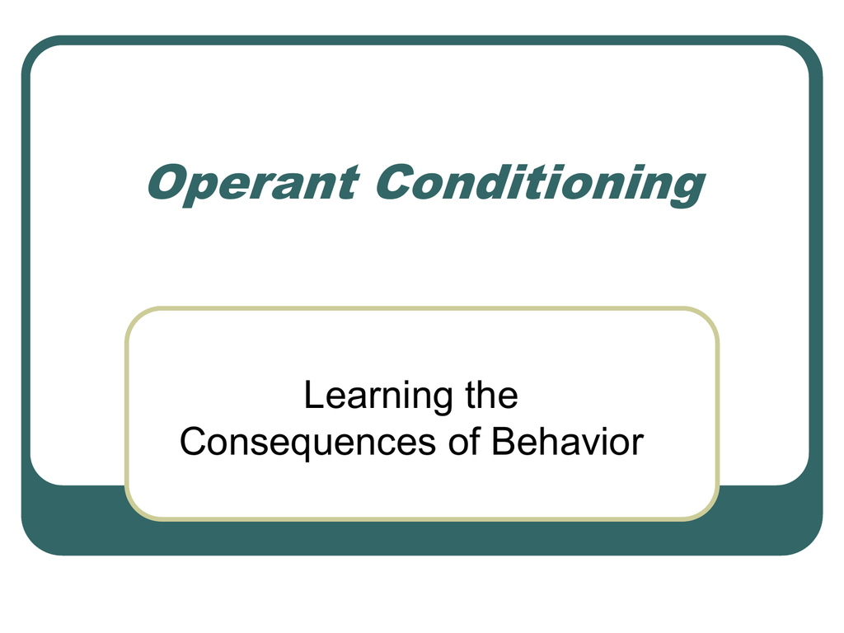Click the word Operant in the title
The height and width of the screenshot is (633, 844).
[x=253, y=185]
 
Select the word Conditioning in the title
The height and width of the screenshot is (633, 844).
[x=541, y=185]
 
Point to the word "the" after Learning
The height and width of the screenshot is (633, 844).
[x=491, y=395]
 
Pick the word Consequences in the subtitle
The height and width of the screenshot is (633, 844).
[x=307, y=443]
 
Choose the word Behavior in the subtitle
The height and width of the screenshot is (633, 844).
[x=568, y=442]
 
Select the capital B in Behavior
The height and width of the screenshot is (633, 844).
[x=504, y=442]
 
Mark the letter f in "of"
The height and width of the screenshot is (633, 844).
[x=475, y=442]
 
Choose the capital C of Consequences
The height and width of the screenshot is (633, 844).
[x=194, y=442]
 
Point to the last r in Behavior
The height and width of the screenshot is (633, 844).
[x=637, y=444]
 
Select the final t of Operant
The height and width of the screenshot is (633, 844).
[x=346, y=184]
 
